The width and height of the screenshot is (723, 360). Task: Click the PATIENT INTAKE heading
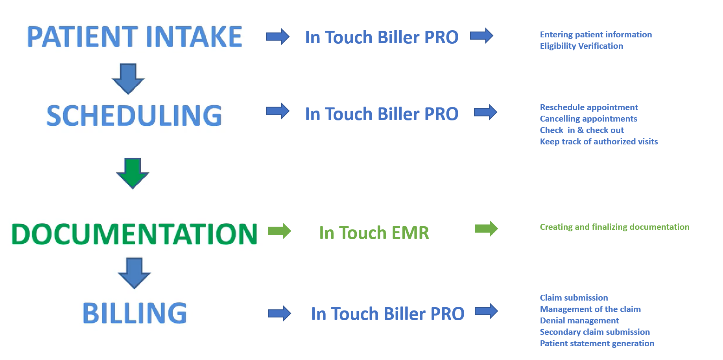pos(135,37)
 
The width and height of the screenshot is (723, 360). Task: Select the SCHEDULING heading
pos(134,116)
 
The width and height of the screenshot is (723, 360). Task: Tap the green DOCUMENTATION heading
pos(135,234)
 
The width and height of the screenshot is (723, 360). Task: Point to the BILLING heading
pos(135,313)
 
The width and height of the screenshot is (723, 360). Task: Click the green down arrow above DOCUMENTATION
pos(133,173)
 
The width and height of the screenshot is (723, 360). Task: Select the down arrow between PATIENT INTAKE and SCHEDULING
pos(128,79)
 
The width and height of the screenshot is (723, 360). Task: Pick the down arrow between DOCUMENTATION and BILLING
pos(134,273)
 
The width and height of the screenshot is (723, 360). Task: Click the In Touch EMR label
pos(374,233)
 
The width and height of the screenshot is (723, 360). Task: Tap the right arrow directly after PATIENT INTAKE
pos(278,37)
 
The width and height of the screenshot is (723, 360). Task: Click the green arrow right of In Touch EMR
pos(486,229)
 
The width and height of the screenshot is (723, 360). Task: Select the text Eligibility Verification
pos(581,46)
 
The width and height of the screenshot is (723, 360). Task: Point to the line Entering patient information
pos(596,35)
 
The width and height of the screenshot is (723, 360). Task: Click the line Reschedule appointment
pos(589,107)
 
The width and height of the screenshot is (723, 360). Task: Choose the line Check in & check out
pos(582,130)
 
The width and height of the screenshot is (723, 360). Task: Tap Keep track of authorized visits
pos(599,142)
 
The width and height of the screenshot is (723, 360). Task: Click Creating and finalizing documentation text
pos(614,227)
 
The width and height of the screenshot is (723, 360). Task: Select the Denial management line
pos(579,321)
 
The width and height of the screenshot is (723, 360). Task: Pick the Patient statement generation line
pos(597,343)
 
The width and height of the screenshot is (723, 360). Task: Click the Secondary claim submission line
pos(595,332)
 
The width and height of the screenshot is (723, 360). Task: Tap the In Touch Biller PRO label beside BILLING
pos(388,314)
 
